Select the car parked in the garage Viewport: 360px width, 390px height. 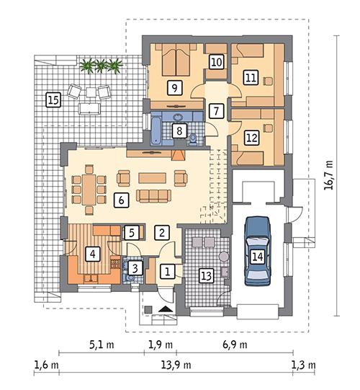[258, 254]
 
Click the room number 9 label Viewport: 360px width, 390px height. [174, 87]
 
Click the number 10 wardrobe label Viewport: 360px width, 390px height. [216, 63]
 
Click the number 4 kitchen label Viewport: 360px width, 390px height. [91, 254]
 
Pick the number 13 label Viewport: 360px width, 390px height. [206, 274]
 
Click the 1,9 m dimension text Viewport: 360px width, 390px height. [160, 345]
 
